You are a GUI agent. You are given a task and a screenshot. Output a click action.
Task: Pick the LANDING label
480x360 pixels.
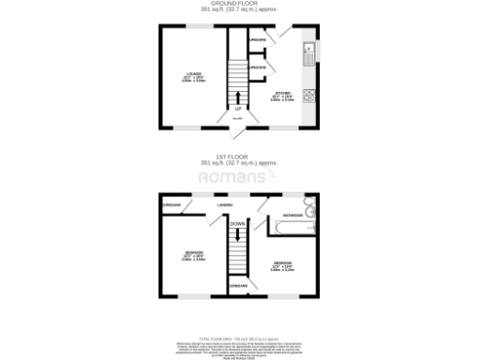pos(225,203)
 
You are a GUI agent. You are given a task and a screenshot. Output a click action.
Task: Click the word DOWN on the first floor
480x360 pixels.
pos(238,224)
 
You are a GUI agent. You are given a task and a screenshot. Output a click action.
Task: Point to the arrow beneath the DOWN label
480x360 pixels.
pos(238,234)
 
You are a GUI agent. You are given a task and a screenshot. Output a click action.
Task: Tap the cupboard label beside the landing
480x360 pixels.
pos(172,204)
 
